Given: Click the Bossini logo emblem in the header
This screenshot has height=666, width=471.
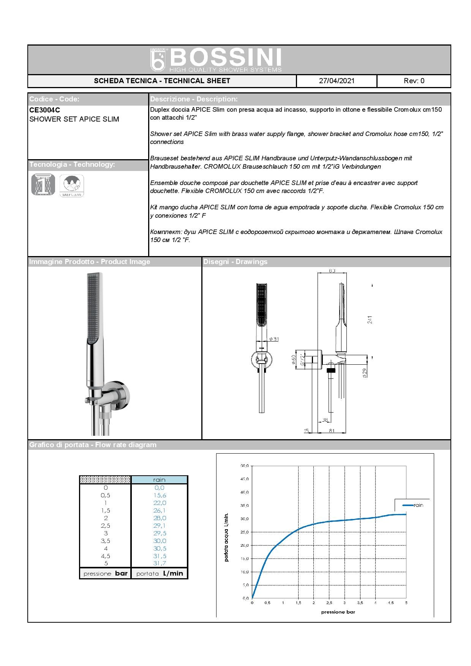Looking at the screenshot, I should [158, 60].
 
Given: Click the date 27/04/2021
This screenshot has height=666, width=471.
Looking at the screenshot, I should [337, 81].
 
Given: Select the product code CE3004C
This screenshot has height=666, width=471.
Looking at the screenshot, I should [44, 110].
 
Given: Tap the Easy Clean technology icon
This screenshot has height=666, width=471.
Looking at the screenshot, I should [72, 185].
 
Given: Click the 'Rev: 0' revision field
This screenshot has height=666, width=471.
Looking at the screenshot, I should [414, 81].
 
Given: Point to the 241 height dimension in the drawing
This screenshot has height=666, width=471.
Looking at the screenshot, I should [370, 320].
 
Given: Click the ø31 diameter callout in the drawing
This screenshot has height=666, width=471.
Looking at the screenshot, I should [273, 339].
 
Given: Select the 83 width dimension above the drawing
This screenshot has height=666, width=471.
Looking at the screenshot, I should [332, 271].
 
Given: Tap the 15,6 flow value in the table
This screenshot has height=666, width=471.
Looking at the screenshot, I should [160, 495].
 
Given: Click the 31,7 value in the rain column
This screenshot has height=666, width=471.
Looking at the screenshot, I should [160, 563].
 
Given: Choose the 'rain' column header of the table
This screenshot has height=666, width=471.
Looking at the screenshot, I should [160, 480].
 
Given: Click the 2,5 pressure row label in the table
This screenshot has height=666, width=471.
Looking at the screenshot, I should [106, 526].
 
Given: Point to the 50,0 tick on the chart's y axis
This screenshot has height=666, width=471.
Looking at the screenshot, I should [244, 466].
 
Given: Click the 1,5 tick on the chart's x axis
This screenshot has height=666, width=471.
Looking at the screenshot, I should [298, 603].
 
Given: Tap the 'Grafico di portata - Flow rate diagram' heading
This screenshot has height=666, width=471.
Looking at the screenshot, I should [93, 445].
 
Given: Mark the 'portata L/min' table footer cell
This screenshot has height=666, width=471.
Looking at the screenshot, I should [160, 574].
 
